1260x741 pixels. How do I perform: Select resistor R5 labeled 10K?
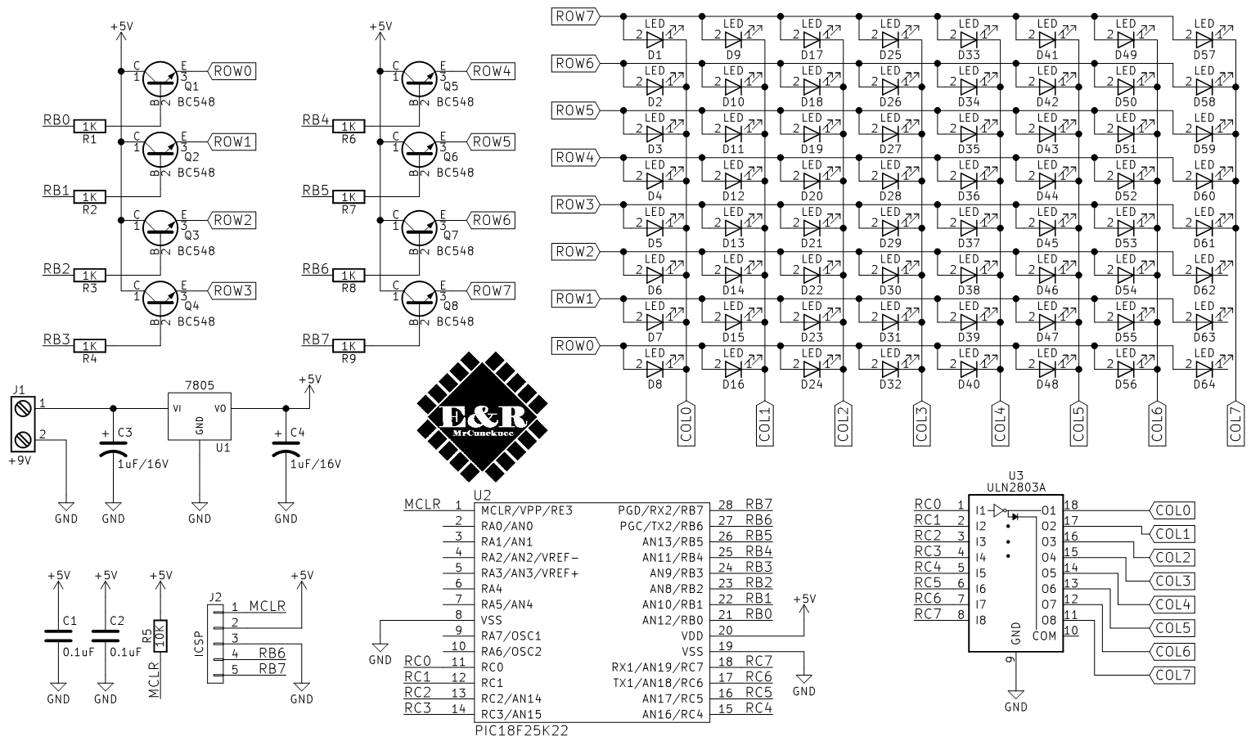click(x=161, y=635)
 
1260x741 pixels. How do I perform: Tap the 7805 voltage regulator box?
click(x=199, y=418)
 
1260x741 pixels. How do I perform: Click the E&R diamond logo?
click(x=482, y=416)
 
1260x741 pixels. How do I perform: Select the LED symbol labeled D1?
click(x=655, y=38)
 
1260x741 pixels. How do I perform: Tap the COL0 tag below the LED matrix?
click(x=686, y=424)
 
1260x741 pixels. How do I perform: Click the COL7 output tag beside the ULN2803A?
click(x=1173, y=676)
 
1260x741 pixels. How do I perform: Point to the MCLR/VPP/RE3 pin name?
click(x=527, y=510)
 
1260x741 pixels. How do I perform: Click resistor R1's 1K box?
click(x=90, y=127)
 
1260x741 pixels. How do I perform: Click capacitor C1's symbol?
click(x=58, y=635)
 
